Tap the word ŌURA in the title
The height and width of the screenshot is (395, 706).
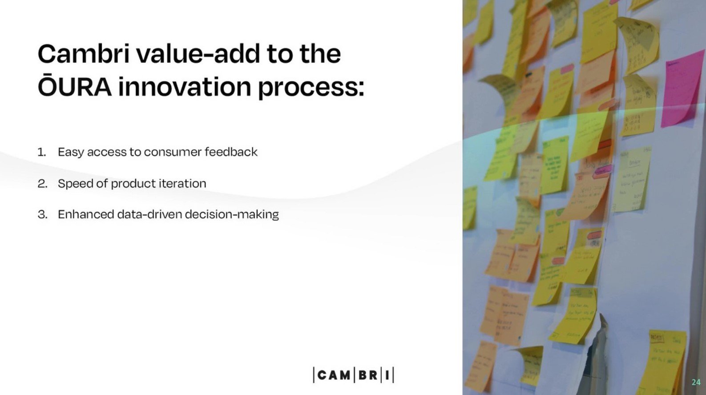tap(74, 87)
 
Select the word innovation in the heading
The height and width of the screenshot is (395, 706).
tap(185, 87)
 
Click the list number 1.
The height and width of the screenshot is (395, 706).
tap(41, 152)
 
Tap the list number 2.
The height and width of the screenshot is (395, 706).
tap(42, 184)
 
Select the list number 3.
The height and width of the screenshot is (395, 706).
tap(42, 215)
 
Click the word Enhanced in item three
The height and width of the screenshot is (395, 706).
tap(85, 214)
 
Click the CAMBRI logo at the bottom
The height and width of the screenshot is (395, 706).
tap(353, 375)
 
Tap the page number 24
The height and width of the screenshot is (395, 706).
tap(696, 382)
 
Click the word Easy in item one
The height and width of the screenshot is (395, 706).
tap(71, 153)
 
